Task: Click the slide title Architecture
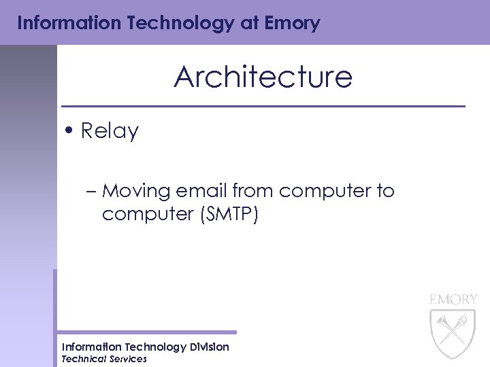(263, 77)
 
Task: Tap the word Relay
(110, 131)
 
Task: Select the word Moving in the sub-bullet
(134, 191)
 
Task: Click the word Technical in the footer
(84, 359)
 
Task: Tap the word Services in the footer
(128, 359)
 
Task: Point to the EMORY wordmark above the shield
(453, 299)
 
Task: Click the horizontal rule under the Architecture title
(263, 107)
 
